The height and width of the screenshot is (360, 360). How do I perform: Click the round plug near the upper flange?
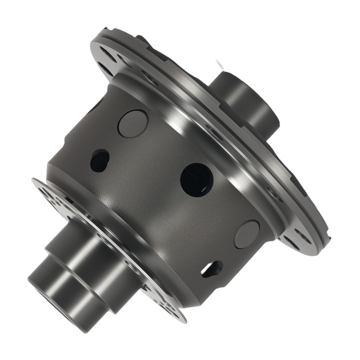[x=133, y=123]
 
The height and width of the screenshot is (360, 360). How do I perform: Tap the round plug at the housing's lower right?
[x=247, y=234]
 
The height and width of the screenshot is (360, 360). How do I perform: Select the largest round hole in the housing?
[x=197, y=180]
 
